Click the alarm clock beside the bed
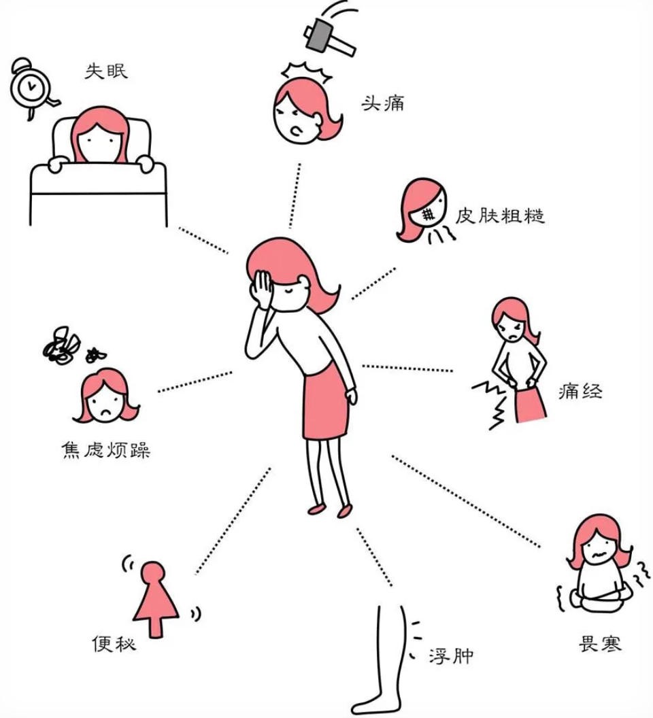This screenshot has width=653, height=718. (x=31, y=87)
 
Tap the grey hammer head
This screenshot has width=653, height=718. (x=319, y=35)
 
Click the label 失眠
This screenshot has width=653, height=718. (x=106, y=71)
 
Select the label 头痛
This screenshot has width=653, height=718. (x=383, y=103)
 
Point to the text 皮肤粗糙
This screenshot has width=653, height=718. (x=499, y=216)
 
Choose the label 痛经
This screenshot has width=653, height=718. (x=580, y=392)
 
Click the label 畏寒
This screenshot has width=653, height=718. (x=600, y=643)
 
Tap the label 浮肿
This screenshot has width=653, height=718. (x=451, y=655)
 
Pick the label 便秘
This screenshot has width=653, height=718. (x=114, y=643)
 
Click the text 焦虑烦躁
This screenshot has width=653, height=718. (x=106, y=449)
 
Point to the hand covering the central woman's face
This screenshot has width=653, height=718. (x=261, y=288)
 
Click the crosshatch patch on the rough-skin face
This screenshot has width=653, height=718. (x=428, y=213)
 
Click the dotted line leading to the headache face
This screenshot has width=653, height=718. (x=295, y=196)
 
